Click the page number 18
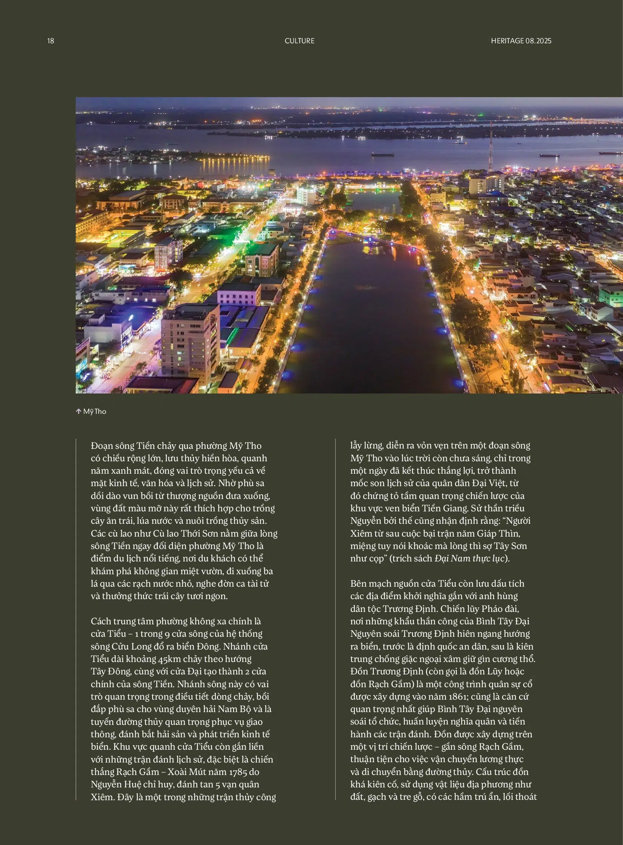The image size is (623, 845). click(x=50, y=41)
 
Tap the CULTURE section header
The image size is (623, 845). click(x=299, y=41)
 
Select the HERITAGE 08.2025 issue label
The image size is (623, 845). click(x=521, y=41)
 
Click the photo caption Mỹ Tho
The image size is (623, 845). click(x=95, y=411)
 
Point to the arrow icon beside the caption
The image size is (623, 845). click(x=78, y=411)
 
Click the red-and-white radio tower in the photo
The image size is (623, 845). click(x=491, y=147)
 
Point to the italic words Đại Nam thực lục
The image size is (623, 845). click(x=469, y=558)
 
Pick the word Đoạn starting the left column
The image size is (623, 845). click(x=102, y=446)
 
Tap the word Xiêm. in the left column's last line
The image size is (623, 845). click(x=103, y=797)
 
